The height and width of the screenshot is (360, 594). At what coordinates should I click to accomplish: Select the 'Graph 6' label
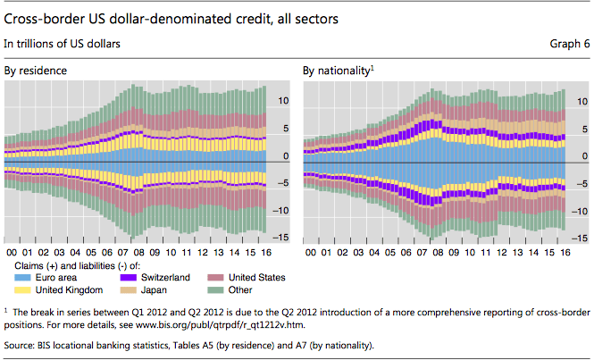pyautogui.click(x=568, y=43)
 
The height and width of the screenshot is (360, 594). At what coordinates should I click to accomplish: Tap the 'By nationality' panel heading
pyautogui.click(x=338, y=69)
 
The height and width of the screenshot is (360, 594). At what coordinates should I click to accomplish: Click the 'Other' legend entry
pyautogui.click(x=244, y=289)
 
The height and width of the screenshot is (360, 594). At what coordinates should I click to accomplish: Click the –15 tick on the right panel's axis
pyautogui.click(x=577, y=238)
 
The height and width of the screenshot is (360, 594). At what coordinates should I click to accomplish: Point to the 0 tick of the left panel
pyautogui.click(x=286, y=156)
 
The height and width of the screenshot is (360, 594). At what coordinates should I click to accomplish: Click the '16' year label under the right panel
pyautogui.click(x=565, y=252)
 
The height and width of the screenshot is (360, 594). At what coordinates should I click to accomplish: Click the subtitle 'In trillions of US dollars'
pyautogui.click(x=63, y=43)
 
